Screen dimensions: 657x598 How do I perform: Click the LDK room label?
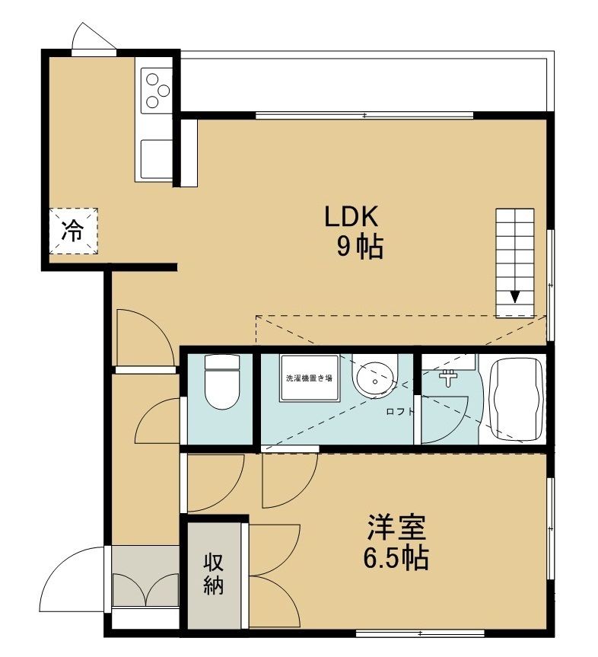click(351, 218)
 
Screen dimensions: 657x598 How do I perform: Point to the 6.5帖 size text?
click(395, 558)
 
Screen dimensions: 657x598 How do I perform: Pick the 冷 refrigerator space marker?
click(73, 230)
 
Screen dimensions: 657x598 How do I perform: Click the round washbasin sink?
click(375, 378)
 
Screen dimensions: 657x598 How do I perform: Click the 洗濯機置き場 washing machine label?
click(308, 378)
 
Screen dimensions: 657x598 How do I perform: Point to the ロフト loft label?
click(399, 412)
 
